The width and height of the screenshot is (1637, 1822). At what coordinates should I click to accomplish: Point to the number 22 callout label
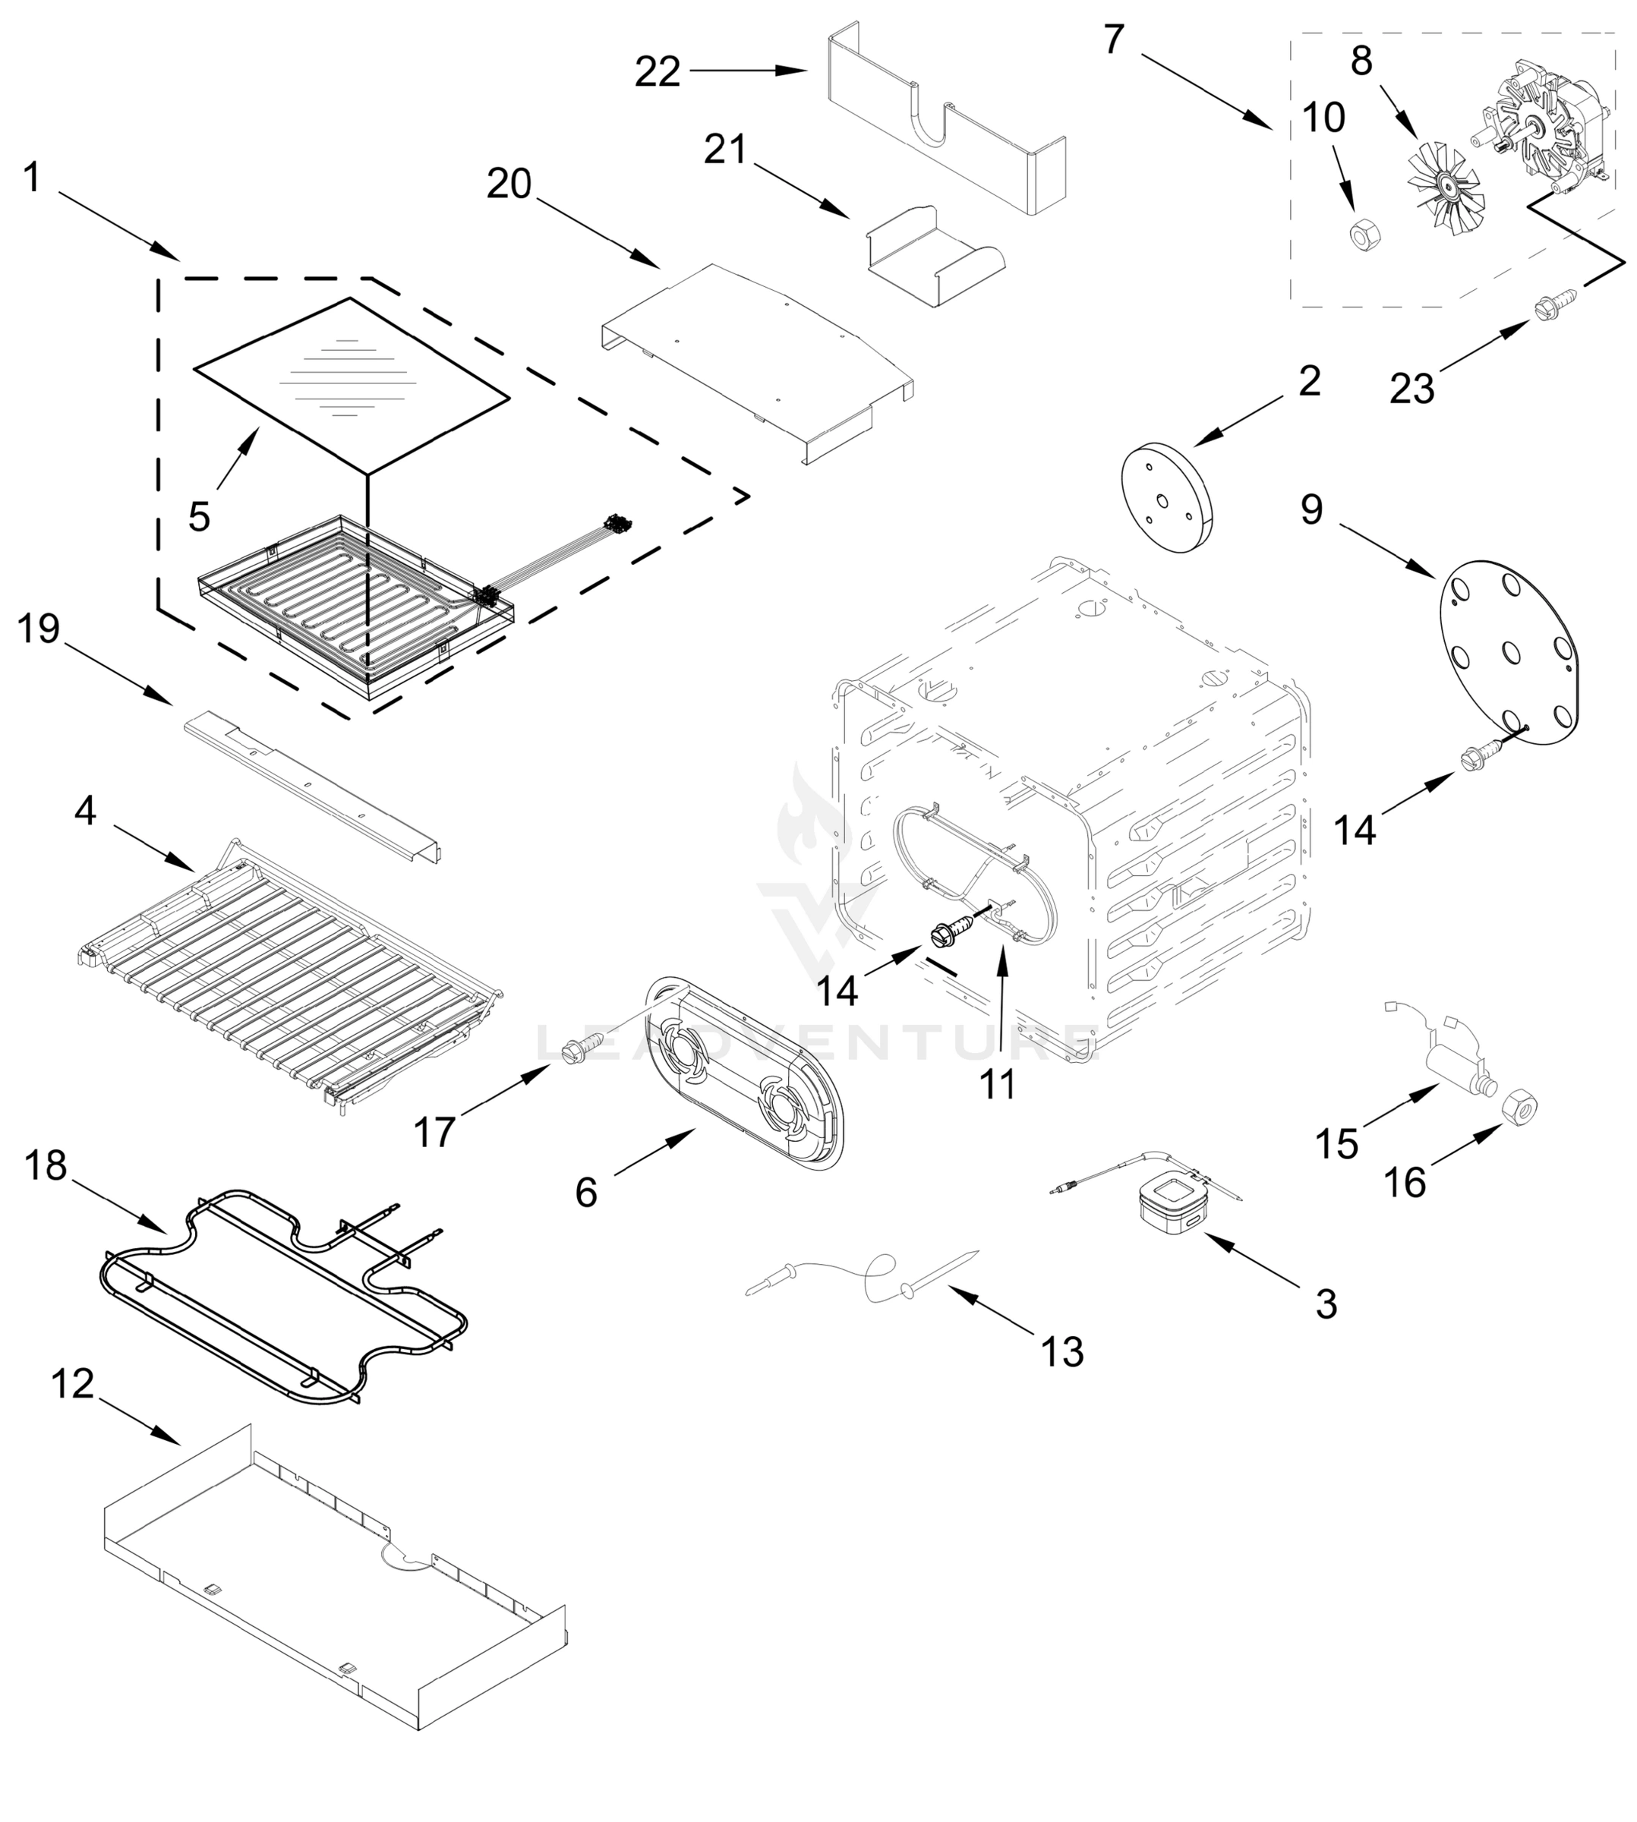(x=657, y=72)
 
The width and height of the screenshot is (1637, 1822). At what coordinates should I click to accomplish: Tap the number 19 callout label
(x=39, y=629)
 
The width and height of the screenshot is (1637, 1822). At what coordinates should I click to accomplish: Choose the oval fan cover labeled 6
(x=746, y=1073)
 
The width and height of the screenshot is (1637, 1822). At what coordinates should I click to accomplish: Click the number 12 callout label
(x=72, y=1385)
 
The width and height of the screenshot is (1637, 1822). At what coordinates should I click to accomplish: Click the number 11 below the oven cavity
(x=997, y=1086)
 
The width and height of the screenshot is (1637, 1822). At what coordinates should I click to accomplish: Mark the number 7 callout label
(x=1114, y=39)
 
